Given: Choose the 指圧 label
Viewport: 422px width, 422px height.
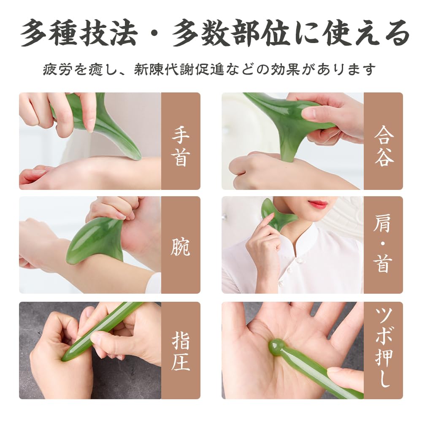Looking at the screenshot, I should click(180, 350).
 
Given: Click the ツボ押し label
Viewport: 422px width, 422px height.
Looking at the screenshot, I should click(384, 350).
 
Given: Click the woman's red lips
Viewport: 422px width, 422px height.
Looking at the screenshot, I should click(318, 205).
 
